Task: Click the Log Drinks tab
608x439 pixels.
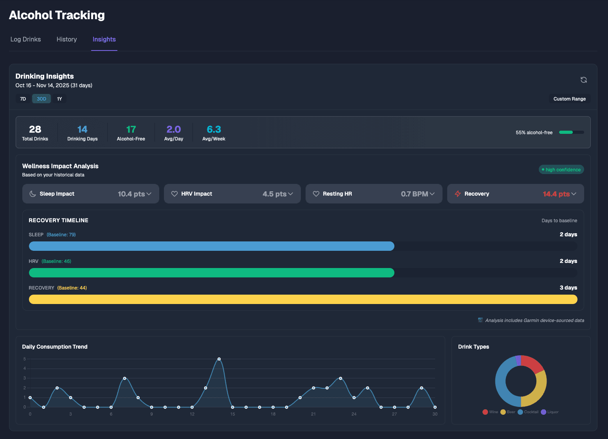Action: pos(26,40)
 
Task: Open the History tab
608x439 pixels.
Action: pos(67,40)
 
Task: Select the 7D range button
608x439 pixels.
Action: pos(23,99)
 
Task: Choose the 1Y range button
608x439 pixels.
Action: pos(59,99)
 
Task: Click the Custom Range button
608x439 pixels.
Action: pos(569,99)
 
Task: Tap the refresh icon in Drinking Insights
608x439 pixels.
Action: pos(583,80)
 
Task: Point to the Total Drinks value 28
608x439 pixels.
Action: pos(35,130)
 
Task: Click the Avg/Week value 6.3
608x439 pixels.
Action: pos(214,130)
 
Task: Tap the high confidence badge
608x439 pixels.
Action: pos(561,170)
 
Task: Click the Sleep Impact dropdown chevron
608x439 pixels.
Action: pos(149,194)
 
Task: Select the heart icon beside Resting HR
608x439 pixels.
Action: pos(316,194)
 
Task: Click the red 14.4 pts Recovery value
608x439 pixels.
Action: pos(556,194)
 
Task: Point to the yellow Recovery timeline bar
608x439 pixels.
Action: pos(303,299)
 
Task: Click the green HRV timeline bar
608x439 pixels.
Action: pos(211,273)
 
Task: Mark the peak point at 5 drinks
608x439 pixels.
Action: pos(219,359)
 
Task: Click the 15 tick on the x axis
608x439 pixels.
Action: pos(233,414)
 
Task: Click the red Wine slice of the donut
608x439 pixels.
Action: pos(532,363)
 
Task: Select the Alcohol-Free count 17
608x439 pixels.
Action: pos(131,130)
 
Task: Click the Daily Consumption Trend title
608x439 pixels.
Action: pos(55,347)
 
